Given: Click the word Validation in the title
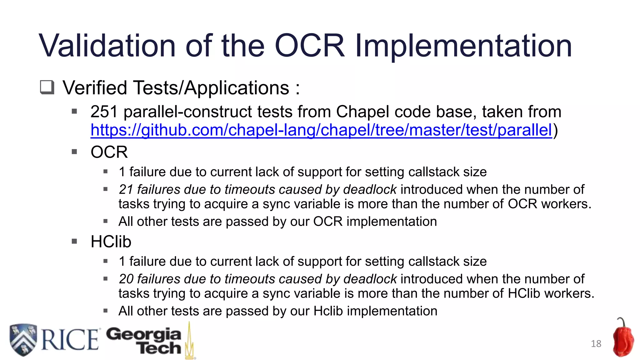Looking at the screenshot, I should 107,46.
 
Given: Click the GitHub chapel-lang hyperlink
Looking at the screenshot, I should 321,130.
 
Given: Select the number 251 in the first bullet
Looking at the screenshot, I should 104,112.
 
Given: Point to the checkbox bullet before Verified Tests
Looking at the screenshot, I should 47,87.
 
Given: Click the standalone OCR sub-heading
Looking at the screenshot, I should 109,152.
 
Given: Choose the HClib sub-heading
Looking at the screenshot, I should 111,242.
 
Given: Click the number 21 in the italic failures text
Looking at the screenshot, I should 126,189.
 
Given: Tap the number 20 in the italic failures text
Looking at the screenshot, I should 126,279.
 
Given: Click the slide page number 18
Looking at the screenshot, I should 596,344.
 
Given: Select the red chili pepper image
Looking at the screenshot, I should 623,338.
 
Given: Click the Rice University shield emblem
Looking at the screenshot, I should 23,339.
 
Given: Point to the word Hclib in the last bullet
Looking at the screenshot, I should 328,311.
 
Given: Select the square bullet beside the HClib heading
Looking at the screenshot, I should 74,241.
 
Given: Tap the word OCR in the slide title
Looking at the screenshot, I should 309,46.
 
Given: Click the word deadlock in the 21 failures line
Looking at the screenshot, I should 370,189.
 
